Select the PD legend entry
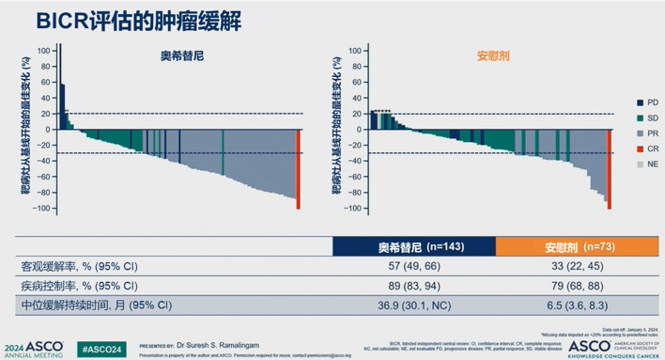click(x=625, y=101)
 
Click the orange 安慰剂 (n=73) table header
click(x=565, y=247)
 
